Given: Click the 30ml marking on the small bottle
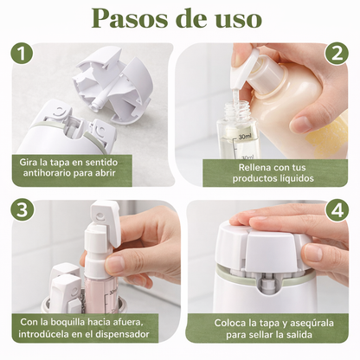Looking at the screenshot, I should (246, 136).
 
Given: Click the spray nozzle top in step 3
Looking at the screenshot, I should (105, 215).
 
